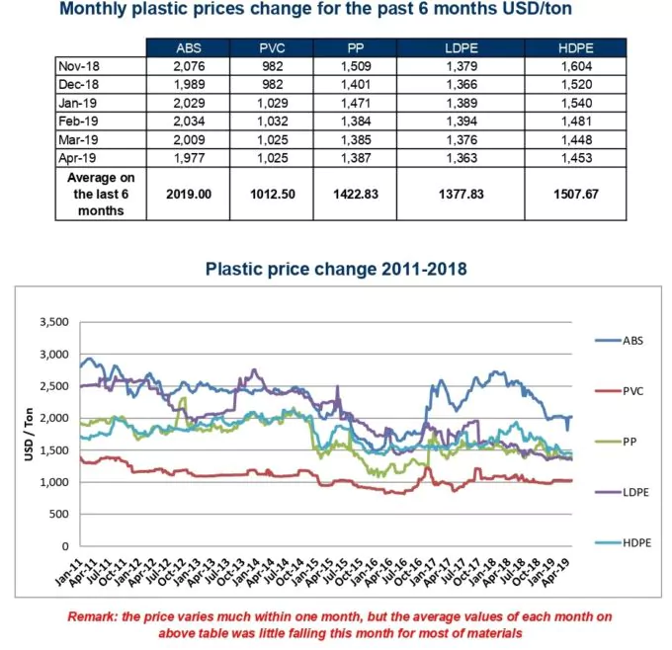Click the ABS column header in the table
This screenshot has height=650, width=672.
tap(187, 48)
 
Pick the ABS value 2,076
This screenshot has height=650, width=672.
tap(187, 65)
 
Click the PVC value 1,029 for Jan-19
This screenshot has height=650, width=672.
tap(270, 101)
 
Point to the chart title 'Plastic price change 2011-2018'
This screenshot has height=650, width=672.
tap(335, 269)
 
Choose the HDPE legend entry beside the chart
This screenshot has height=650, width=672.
tap(619, 545)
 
